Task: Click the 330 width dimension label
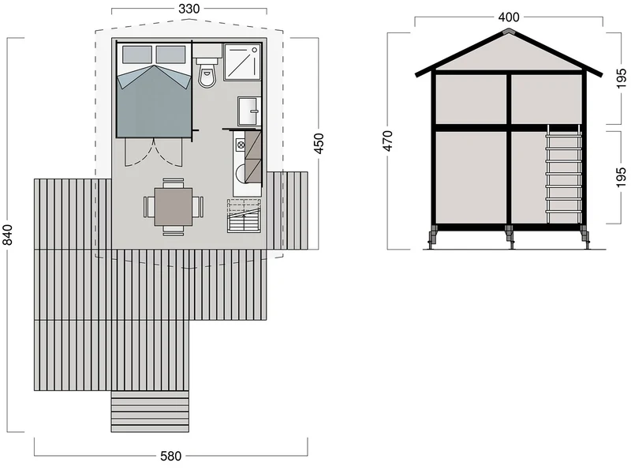click(189, 9)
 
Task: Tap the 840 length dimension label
click(8, 235)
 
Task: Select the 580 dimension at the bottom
click(170, 456)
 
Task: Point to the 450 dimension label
click(319, 144)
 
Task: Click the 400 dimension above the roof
click(509, 17)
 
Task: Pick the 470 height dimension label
click(387, 141)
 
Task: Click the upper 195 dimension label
click(621, 78)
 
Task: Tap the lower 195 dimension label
click(621, 178)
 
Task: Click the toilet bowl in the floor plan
click(207, 73)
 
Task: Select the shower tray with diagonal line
click(242, 62)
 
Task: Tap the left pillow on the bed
click(136, 55)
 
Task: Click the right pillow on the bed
click(170, 55)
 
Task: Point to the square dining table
click(174, 207)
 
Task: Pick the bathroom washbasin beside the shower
click(249, 111)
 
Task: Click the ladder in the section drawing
click(563, 174)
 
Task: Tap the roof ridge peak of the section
click(509, 31)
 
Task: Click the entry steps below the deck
click(150, 412)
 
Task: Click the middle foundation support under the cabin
click(510, 238)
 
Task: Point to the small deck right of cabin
click(287, 211)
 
